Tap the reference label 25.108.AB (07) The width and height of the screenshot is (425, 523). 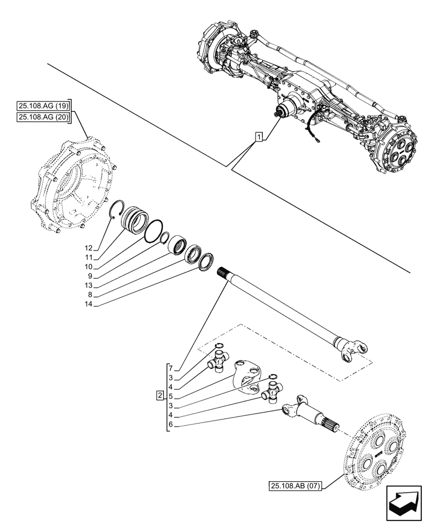(x=296, y=486)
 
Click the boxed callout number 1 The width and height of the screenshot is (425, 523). (x=258, y=137)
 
